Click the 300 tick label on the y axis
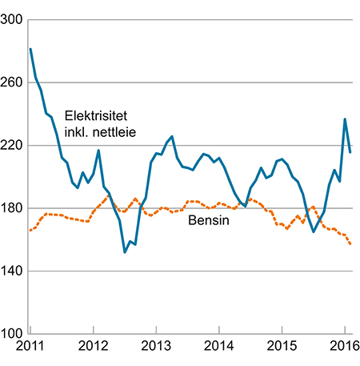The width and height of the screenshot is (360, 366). coord(13,20)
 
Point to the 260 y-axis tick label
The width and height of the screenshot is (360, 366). coord(13,82)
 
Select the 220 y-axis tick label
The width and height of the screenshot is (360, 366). coord(13,146)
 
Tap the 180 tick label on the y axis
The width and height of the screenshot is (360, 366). coord(13,208)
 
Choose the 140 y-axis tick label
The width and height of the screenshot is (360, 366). coord(13,271)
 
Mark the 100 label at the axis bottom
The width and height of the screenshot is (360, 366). coord(13,334)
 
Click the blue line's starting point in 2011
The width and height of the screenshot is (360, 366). coord(30,50)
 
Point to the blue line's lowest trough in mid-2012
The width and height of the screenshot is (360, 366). coord(125,252)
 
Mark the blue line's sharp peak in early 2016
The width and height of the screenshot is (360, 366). coord(345,119)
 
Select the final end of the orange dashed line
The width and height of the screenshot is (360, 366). coord(350,244)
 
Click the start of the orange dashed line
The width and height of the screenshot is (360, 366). coord(30,231)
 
